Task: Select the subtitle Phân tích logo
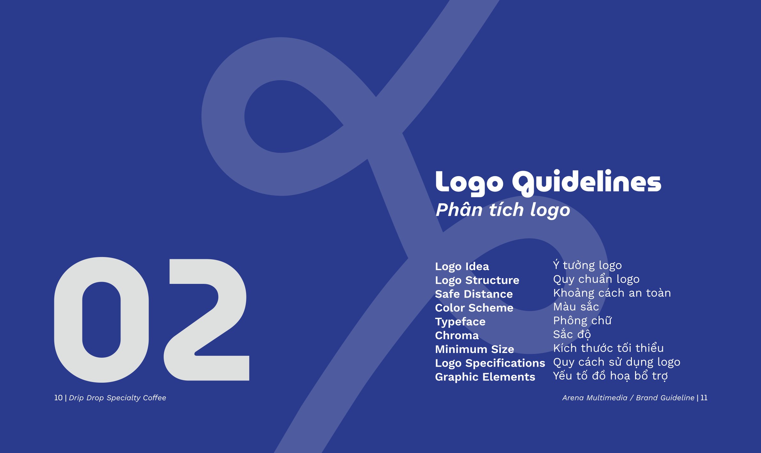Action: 503,210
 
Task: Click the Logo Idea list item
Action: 462,267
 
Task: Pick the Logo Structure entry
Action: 477,280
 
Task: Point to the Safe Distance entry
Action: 474,294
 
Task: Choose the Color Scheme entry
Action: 474,308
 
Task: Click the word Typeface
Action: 460,322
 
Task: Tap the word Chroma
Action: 457,335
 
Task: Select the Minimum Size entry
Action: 474,349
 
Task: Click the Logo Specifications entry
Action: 490,363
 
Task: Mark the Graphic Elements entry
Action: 485,377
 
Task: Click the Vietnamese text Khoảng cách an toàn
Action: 612,293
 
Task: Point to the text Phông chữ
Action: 582,321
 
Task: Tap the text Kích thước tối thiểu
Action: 608,348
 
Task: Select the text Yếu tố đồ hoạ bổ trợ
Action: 610,376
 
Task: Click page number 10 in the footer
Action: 58,398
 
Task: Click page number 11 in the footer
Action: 704,398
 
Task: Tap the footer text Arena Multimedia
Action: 594,398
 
